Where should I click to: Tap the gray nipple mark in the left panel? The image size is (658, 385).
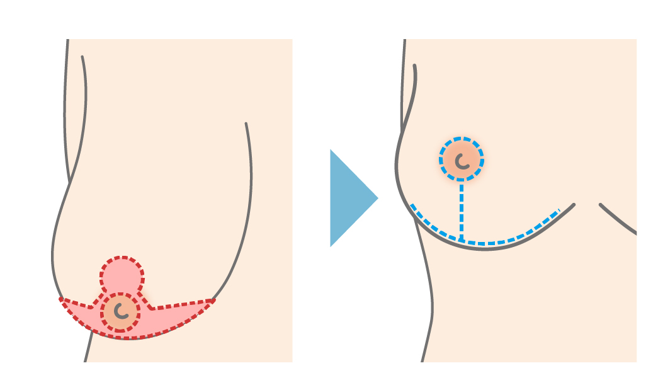tap(120, 310)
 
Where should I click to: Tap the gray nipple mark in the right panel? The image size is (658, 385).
tap(462, 161)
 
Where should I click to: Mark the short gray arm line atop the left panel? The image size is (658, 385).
tap(84, 95)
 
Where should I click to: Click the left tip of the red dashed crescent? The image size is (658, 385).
tap(61, 299)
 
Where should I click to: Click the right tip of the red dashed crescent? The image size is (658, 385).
tap(214, 300)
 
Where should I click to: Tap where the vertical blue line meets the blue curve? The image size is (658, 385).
tap(462, 241)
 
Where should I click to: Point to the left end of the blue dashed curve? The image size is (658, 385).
tap(412, 205)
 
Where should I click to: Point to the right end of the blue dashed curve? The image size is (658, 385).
tap(559, 210)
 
